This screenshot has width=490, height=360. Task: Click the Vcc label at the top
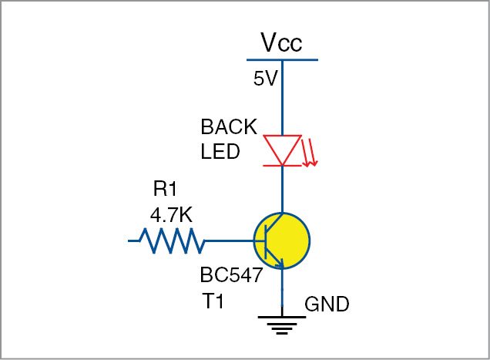click(280, 43)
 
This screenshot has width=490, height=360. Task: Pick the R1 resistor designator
click(166, 189)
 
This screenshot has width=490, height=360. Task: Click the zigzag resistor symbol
click(172, 241)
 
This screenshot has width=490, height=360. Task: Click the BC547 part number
click(231, 275)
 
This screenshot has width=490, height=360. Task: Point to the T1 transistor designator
click(213, 302)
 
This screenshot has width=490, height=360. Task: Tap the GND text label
click(327, 304)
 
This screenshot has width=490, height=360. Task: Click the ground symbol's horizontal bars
click(283, 325)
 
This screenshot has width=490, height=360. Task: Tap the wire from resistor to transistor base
click(230, 241)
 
